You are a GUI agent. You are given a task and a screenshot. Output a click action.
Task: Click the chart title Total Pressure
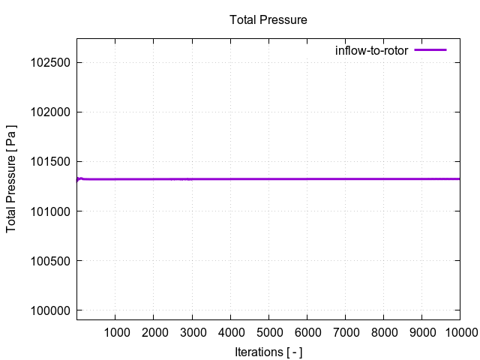click(x=268, y=19)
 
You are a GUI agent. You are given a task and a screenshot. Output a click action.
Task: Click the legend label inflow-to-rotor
click(x=371, y=50)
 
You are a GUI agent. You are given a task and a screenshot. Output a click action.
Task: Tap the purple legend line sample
click(x=430, y=50)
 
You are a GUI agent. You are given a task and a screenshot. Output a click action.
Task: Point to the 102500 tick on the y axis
click(x=49, y=63)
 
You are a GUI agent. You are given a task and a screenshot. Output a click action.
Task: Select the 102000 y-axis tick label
click(x=49, y=112)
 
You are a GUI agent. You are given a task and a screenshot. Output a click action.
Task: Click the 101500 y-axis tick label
click(x=49, y=162)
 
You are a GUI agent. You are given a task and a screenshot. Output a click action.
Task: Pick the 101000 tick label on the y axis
click(x=49, y=211)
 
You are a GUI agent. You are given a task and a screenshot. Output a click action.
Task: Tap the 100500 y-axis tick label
click(x=49, y=261)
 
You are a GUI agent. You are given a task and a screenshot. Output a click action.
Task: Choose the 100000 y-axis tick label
click(x=49, y=310)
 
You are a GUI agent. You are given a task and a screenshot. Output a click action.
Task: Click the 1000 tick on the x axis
click(x=115, y=332)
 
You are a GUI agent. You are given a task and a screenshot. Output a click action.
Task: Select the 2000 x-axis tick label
click(x=153, y=332)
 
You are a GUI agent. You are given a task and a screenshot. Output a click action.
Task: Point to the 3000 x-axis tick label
click(x=191, y=332)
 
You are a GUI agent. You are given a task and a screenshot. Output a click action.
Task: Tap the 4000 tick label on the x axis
click(x=230, y=332)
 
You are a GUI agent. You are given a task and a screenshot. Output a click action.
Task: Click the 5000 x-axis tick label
click(x=268, y=332)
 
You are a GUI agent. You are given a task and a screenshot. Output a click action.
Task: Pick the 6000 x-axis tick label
click(x=307, y=332)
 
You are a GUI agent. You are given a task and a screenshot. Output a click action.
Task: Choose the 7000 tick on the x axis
click(x=345, y=332)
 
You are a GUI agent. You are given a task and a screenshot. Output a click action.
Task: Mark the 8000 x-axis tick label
click(x=383, y=332)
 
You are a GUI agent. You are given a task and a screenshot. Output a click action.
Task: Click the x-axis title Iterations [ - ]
click(x=268, y=352)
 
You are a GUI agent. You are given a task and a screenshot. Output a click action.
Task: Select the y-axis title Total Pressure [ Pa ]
click(x=12, y=178)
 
